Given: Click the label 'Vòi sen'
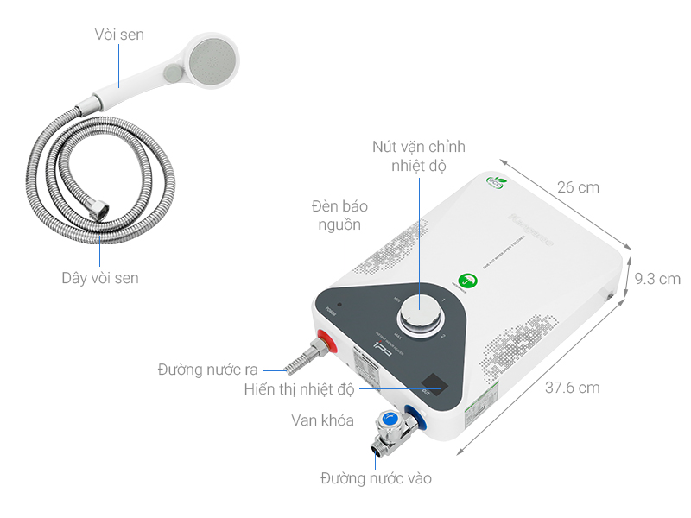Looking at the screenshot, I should click(119, 35).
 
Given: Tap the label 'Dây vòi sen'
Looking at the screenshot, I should click(99, 278).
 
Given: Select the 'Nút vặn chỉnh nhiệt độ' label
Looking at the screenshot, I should click(418, 155).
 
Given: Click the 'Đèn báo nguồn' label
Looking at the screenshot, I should click(337, 216).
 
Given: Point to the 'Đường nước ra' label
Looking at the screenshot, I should click(208, 370).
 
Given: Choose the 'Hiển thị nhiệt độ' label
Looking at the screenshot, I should click(299, 389).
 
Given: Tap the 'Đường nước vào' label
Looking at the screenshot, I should click(376, 477).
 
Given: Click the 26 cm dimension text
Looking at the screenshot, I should click(578, 187).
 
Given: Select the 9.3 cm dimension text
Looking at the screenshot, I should click(656, 279).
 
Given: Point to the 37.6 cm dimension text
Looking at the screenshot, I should click(572, 388).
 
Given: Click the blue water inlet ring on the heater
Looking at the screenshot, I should click(417, 420).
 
